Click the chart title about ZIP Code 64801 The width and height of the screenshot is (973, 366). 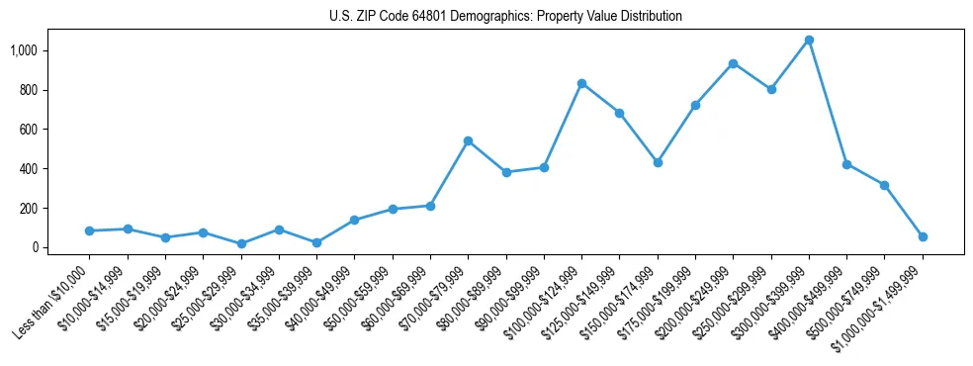(x=505, y=17)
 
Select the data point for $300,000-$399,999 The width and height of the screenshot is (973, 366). (x=809, y=41)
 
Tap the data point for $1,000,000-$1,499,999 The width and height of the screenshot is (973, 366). (x=923, y=236)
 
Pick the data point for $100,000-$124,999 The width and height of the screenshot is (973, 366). (x=581, y=83)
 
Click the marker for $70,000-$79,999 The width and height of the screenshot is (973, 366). (x=468, y=140)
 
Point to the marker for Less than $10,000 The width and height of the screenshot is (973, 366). (x=89, y=230)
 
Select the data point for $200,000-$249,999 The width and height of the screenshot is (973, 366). (x=733, y=63)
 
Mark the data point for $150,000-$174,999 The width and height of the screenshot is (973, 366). (x=658, y=162)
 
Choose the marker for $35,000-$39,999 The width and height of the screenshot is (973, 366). (x=316, y=242)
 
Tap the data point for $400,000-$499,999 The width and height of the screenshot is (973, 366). (x=846, y=164)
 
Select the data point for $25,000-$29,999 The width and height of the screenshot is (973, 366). (x=240, y=243)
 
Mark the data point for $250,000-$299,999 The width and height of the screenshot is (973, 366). (x=771, y=89)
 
